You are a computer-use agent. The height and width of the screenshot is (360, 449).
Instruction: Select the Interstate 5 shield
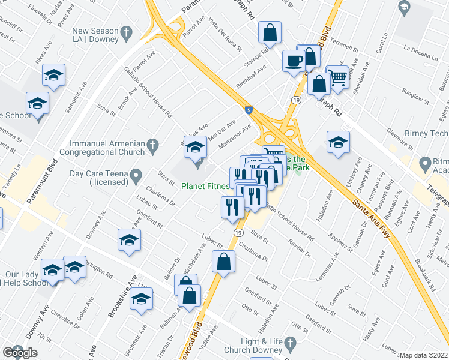(x=249, y=110)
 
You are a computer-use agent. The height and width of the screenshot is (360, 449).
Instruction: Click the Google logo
(x=20, y=353)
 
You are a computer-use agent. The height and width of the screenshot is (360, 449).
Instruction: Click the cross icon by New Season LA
(x=126, y=31)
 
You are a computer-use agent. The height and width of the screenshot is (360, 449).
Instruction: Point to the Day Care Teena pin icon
(x=137, y=175)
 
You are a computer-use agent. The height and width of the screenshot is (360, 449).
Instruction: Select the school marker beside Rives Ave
(x=53, y=76)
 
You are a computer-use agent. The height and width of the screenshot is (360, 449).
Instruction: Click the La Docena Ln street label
(x=421, y=55)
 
